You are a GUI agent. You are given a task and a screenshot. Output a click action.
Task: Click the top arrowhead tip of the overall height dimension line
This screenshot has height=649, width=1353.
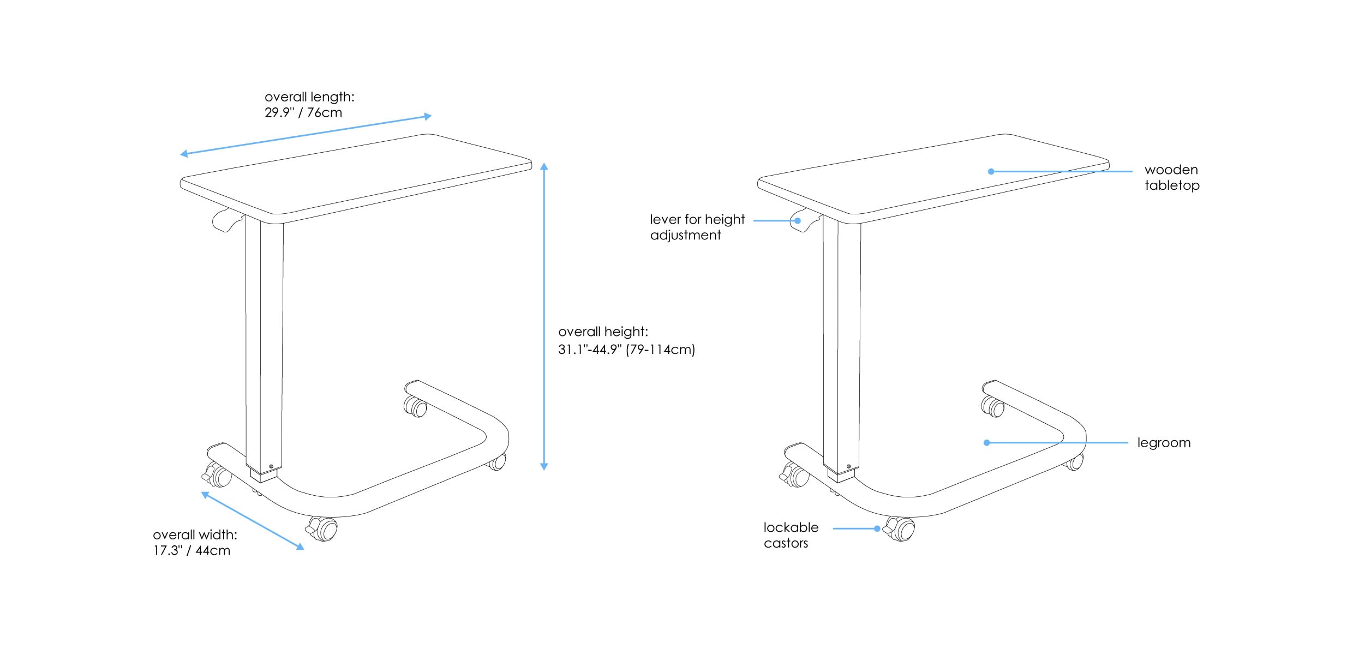click(x=544, y=163)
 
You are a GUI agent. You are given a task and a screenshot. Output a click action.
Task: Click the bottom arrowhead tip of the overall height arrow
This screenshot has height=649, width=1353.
click(x=544, y=470)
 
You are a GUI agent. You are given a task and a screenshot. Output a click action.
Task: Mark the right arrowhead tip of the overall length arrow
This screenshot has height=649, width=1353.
click(x=432, y=116)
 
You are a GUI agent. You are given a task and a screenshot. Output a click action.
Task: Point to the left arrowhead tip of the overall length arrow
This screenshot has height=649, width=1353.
click(x=180, y=155)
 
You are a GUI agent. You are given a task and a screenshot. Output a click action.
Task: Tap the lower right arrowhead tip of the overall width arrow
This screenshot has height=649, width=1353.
click(x=304, y=549)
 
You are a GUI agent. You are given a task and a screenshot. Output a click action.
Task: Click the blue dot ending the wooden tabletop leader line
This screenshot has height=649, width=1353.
click(x=991, y=171)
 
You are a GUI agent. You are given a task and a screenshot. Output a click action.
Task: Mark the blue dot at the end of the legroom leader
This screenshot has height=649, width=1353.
click(x=986, y=443)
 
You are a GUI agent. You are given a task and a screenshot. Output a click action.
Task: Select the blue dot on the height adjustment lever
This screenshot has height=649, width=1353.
click(x=798, y=221)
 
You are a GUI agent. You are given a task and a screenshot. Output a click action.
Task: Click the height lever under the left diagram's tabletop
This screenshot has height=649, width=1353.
click(x=227, y=220)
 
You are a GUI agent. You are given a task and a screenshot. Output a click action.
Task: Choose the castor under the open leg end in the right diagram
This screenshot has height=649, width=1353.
click(x=993, y=406)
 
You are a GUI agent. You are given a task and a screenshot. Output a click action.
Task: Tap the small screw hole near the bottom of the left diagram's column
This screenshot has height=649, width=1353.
click(x=271, y=466)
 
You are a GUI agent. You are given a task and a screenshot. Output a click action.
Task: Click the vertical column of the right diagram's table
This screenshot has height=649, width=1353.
click(x=842, y=349)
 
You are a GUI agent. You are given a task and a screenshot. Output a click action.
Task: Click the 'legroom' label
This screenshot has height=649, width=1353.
click(x=1164, y=443)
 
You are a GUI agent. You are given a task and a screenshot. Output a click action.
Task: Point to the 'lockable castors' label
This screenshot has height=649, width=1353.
click(x=791, y=535)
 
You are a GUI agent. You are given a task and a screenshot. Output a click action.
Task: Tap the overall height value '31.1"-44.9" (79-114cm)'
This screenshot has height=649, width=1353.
click(x=626, y=349)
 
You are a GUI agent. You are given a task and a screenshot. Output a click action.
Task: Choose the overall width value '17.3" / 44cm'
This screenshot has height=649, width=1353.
click(x=191, y=550)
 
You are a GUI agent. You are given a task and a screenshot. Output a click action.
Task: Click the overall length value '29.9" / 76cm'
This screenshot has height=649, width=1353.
click(x=303, y=112)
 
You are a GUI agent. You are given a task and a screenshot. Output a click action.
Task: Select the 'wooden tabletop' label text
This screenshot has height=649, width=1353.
click(x=1172, y=177)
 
